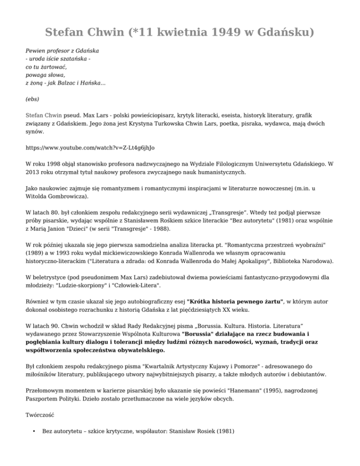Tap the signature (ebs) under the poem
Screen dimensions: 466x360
[x=32, y=99]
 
